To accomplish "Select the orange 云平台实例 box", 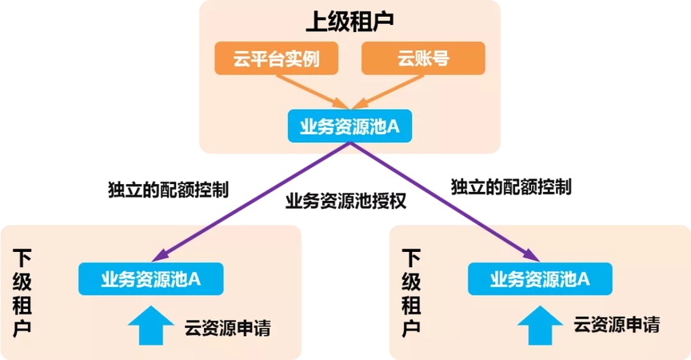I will pyautogui.click(x=276, y=60).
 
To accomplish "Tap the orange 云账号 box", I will pyautogui.click(x=422, y=60).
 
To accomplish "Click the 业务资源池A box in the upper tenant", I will pyautogui.click(x=349, y=126).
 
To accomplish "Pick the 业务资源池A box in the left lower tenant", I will pyautogui.click(x=150, y=278).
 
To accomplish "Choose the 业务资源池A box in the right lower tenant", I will pyautogui.click(x=540, y=278).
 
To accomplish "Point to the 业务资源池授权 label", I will pyautogui.click(x=346, y=201).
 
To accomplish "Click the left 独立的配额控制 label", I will pyautogui.click(x=168, y=189).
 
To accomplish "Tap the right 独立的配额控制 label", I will pyautogui.click(x=511, y=186).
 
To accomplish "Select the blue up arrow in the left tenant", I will pyautogui.click(x=151, y=326).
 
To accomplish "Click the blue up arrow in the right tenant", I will pyautogui.click(x=541, y=326).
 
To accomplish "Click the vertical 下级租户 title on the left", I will pyautogui.click(x=24, y=293).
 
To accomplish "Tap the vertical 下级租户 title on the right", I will pyautogui.click(x=412, y=293).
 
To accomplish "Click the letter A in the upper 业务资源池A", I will pyautogui.click(x=393, y=126).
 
